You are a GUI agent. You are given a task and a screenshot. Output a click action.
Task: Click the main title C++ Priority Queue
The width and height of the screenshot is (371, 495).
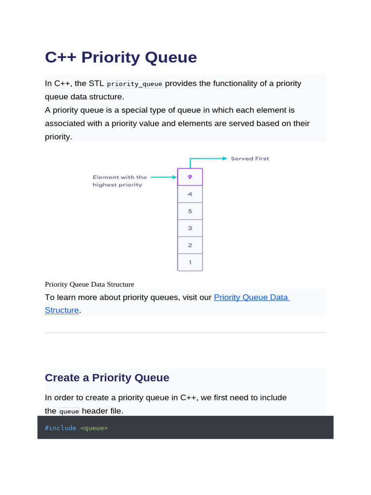121,57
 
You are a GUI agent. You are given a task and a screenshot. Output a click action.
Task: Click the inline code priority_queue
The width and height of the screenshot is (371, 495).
135,84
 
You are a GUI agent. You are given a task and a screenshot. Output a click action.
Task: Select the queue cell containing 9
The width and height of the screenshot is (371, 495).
190,177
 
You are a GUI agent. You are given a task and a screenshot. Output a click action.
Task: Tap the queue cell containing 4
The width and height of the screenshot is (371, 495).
190,194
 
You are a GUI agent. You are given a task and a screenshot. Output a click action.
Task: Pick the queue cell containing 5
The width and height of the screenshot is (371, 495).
190,211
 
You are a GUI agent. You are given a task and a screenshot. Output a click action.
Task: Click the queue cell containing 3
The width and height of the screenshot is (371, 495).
190,228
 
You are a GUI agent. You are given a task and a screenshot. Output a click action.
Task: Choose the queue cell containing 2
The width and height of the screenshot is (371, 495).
190,245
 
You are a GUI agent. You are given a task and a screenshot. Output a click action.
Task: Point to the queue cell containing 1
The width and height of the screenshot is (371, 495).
190,262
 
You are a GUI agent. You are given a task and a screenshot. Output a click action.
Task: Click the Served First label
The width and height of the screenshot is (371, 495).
250,159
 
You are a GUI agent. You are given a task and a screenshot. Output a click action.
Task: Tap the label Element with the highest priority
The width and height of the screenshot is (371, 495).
119,181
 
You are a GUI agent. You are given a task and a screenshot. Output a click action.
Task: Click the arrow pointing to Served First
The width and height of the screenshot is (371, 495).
208,159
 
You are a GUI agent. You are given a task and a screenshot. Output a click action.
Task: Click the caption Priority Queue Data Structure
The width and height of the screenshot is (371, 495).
89,284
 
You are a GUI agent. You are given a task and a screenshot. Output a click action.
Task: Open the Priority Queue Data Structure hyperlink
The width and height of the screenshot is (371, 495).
251,297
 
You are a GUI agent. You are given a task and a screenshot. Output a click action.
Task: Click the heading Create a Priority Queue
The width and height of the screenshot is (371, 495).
107,378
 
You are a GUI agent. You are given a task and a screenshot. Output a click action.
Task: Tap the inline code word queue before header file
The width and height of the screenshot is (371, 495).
69,411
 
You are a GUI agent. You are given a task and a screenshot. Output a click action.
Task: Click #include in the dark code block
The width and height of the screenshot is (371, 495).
60,428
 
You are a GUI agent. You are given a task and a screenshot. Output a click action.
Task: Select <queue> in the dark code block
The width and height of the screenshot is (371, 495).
94,428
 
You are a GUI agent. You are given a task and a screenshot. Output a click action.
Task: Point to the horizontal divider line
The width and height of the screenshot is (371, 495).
185,333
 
